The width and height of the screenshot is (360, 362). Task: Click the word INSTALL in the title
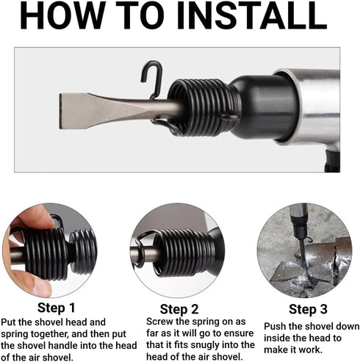(252, 15)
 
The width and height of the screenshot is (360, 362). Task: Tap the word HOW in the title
(62, 15)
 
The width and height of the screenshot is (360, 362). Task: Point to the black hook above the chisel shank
(152, 79)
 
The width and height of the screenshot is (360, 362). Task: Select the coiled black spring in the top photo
(204, 107)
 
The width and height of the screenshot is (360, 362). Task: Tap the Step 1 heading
(57, 308)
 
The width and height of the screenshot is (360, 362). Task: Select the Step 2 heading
(179, 309)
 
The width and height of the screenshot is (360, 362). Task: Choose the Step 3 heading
(308, 309)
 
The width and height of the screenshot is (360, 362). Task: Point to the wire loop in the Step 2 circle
(141, 250)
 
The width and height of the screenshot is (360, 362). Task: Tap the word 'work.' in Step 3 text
(310, 350)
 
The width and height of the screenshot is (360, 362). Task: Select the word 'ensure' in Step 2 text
(239, 333)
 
